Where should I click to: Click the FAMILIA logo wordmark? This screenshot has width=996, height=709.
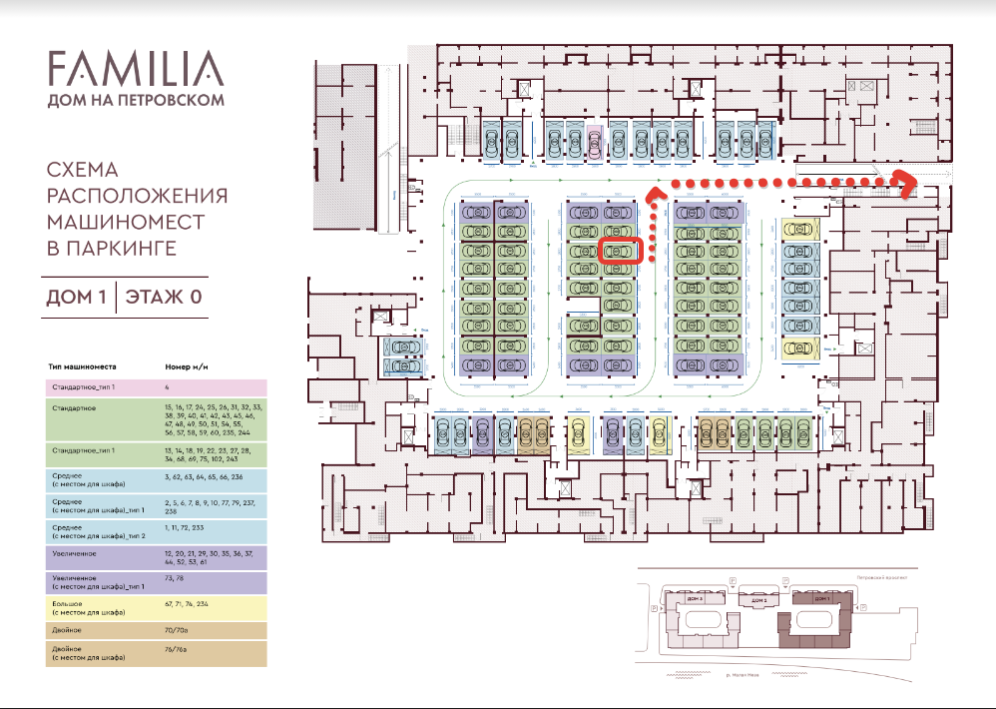[135, 69]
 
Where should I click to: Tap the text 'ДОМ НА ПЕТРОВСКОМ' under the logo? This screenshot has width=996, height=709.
[135, 100]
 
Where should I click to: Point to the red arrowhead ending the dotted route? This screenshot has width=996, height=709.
[908, 184]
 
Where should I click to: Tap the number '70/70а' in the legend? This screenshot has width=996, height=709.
[180, 631]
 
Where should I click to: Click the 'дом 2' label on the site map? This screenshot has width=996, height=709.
[694, 598]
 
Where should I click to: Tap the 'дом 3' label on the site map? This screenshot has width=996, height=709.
[758, 598]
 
